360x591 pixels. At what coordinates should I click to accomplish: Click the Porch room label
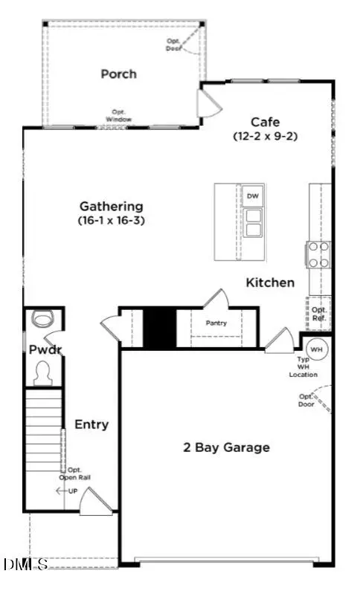119,74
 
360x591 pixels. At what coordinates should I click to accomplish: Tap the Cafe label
265,122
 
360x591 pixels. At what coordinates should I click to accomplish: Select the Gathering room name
112,206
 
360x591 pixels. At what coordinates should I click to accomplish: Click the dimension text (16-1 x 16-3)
112,220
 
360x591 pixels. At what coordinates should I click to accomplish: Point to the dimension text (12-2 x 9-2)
265,136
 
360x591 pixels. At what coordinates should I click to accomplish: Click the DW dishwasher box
252,196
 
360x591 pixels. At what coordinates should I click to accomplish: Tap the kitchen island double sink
253,222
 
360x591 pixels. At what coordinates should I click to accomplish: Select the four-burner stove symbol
319,254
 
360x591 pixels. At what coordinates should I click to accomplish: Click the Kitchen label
270,282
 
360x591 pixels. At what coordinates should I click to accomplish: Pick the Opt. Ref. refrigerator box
319,314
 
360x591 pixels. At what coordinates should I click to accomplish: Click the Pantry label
216,323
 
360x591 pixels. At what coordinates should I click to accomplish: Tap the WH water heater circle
316,349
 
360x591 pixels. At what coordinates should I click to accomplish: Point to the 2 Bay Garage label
226,447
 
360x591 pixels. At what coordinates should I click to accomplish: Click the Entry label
91,424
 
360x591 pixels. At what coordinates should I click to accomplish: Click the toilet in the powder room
43,372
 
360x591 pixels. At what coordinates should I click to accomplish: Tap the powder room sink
42,320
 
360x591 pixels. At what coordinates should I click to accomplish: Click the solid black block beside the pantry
158,327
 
